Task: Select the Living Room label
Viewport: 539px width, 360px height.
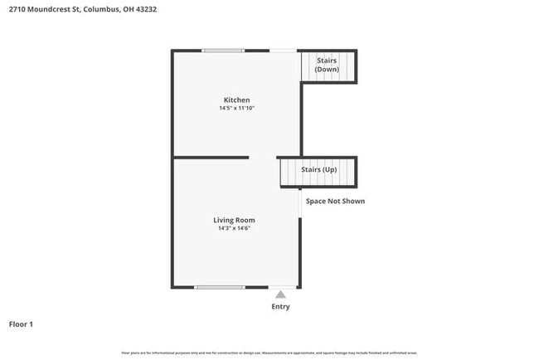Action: tap(234, 220)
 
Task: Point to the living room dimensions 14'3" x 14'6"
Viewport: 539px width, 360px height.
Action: tap(234, 228)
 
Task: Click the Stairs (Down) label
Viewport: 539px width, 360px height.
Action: tap(327, 65)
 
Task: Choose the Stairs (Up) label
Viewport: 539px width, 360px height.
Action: tap(318, 169)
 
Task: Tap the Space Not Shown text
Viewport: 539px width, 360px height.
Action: tap(335, 201)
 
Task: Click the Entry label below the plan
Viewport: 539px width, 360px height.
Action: tap(281, 307)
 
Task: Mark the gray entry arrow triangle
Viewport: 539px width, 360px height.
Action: tap(281, 294)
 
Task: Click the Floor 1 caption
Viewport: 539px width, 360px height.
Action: tap(21, 324)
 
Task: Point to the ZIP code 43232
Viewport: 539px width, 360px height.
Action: tap(146, 9)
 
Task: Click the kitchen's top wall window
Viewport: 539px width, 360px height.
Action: tap(223, 51)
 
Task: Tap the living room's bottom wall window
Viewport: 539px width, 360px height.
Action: tap(220, 287)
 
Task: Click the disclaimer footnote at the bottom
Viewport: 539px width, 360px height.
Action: tap(269, 353)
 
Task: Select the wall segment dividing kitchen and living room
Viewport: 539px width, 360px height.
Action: tap(211, 158)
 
